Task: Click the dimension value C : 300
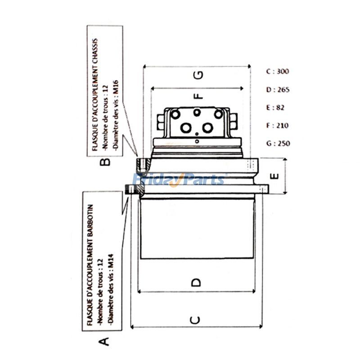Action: click(277, 72)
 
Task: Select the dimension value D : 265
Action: click(278, 89)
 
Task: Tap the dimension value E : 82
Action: click(275, 108)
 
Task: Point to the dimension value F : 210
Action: click(277, 126)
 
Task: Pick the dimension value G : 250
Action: click(278, 144)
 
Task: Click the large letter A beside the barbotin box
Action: click(104, 342)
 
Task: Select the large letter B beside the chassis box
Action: click(105, 162)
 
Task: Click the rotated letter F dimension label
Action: click(199, 95)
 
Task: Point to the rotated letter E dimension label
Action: click(274, 176)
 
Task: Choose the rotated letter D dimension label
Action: click(196, 283)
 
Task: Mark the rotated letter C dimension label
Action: click(195, 320)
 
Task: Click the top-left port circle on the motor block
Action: click(175, 114)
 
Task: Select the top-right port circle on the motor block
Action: click(218, 114)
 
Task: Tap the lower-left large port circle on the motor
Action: click(186, 128)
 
